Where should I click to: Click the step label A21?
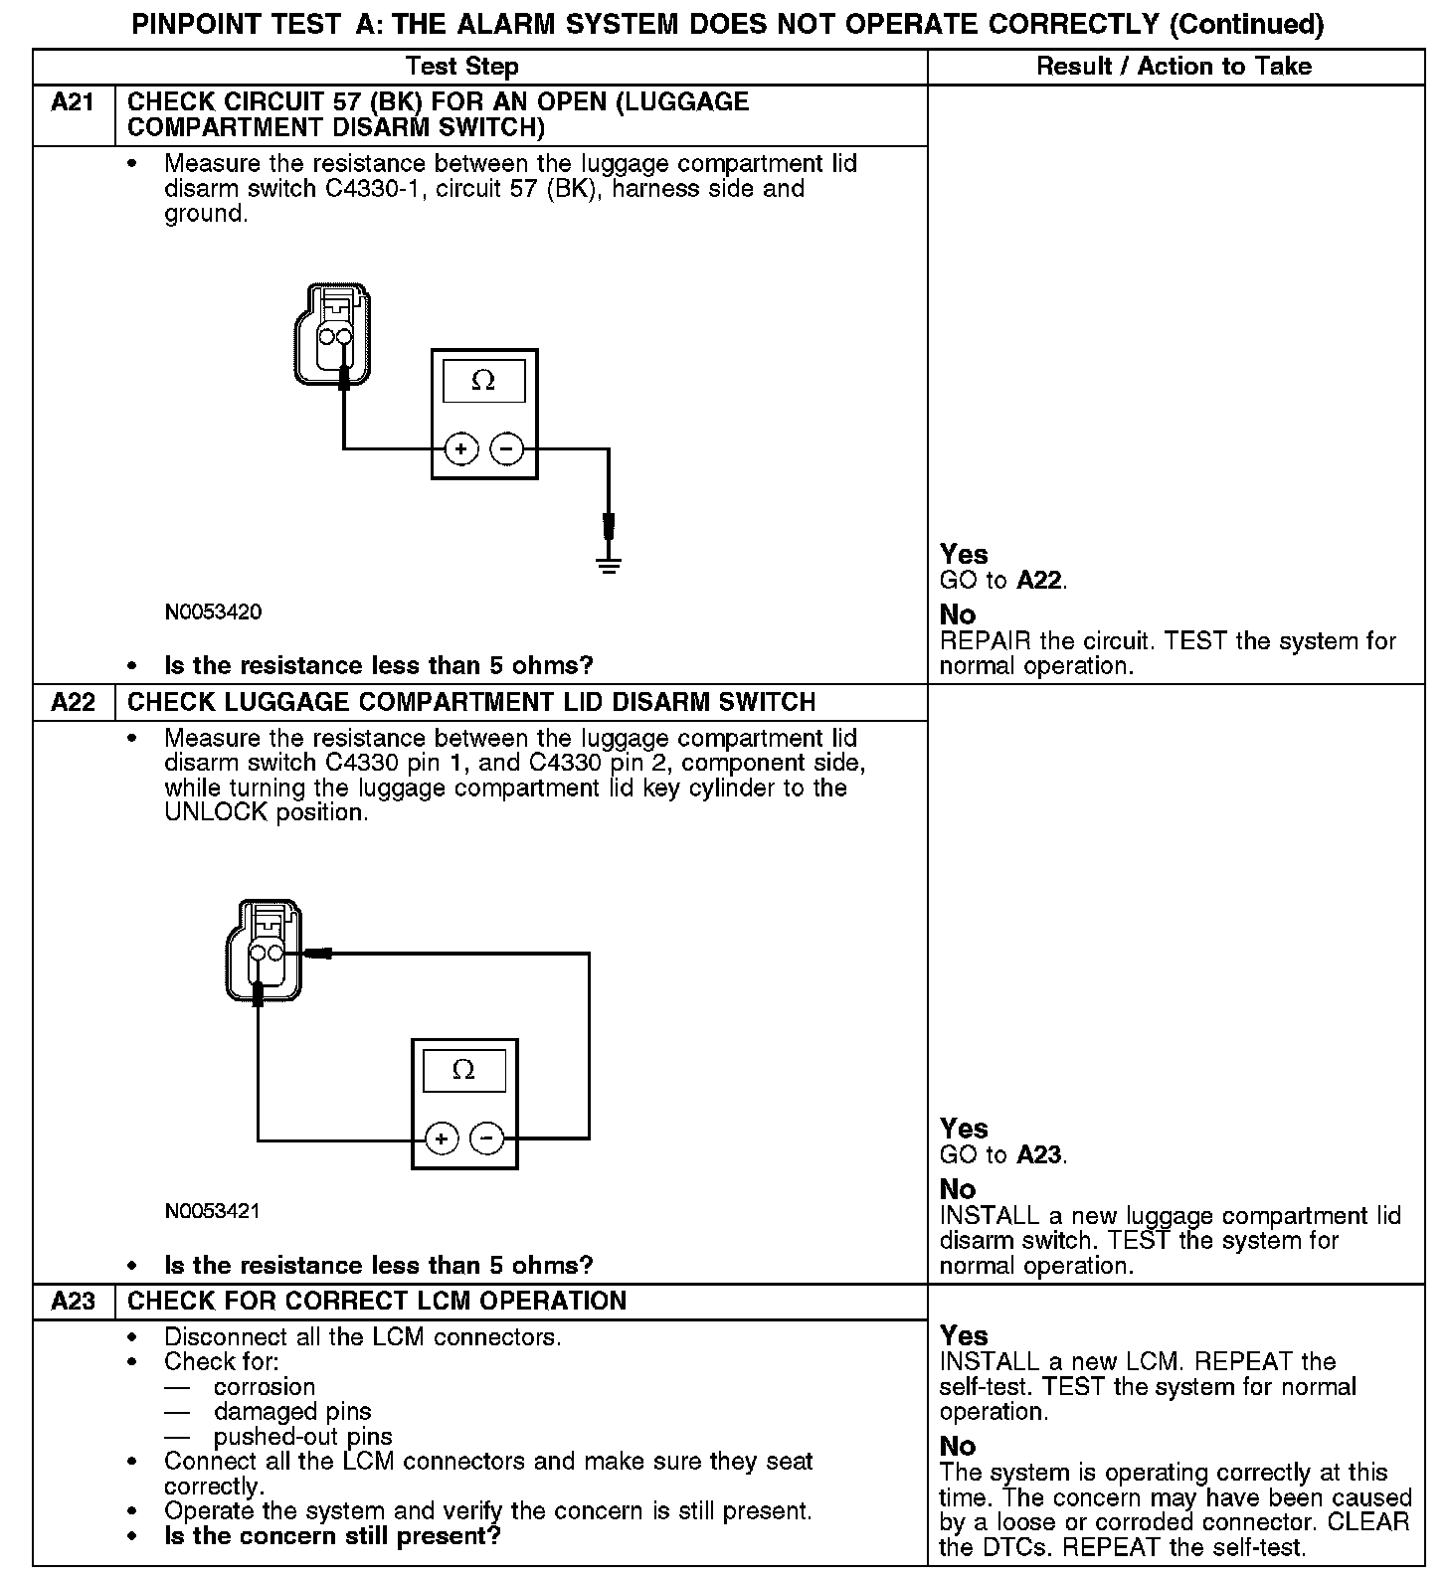pyautogui.click(x=73, y=102)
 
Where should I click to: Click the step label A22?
pyautogui.click(x=73, y=702)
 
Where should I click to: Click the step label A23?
pyautogui.click(x=73, y=1302)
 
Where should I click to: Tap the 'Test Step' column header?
pyautogui.click(x=461, y=67)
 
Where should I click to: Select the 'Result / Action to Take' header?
pyautogui.click(x=1174, y=67)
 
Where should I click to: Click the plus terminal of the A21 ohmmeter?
pyautogui.click(x=460, y=449)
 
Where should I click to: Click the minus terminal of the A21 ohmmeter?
pyautogui.click(x=507, y=449)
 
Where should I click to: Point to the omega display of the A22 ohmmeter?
pyautogui.click(x=463, y=1071)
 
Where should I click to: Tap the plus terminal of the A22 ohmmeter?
pyautogui.click(x=442, y=1138)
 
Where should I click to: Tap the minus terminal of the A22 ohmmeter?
pyautogui.click(x=486, y=1138)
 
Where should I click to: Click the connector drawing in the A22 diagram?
pyautogui.click(x=265, y=950)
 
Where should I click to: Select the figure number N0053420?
pyautogui.click(x=214, y=612)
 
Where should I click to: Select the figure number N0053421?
pyautogui.click(x=213, y=1211)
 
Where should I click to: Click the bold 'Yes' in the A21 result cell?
pyautogui.click(x=964, y=555)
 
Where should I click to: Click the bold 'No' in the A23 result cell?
pyautogui.click(x=958, y=1447)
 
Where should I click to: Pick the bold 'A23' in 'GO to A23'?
pyautogui.click(x=1039, y=1154)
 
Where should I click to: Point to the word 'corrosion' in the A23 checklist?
pyautogui.click(x=265, y=1387)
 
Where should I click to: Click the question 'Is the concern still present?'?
pyautogui.click(x=332, y=1536)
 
